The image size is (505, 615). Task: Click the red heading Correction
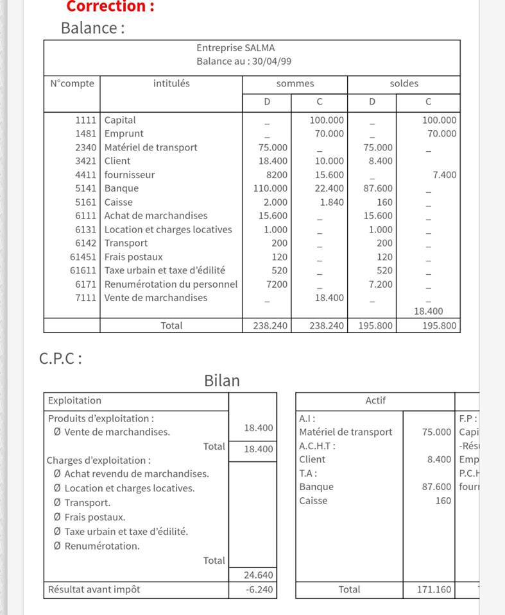tap(110, 7)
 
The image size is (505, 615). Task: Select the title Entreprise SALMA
tap(235, 48)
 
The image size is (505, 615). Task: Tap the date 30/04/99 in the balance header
tap(272, 61)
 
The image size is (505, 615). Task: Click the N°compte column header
tap(72, 83)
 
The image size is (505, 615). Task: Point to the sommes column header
tap(295, 84)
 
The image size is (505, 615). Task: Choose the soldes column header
tap(404, 84)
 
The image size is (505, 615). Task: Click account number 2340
tap(85, 147)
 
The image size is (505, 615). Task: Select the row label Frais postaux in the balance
tap(133, 257)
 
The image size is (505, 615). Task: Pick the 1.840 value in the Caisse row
tap(332, 202)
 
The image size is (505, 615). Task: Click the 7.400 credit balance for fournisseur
tap(444, 175)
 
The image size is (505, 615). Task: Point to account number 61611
tap(83, 270)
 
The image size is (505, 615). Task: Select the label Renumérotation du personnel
tap(171, 284)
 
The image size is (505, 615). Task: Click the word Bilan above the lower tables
tap(221, 381)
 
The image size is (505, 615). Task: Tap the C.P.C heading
tap(60, 359)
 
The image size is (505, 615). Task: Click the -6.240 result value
tap(259, 589)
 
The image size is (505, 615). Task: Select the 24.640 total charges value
tap(259, 575)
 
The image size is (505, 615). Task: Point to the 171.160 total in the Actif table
tap(434, 589)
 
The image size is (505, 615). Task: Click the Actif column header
tap(375, 401)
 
